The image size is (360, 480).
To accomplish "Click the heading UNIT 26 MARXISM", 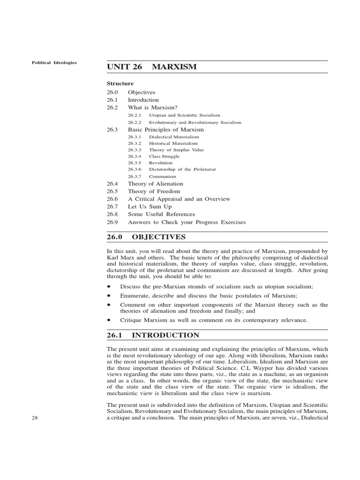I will click(x=151, y=67).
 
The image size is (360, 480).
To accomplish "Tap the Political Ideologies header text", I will click(x=54, y=62).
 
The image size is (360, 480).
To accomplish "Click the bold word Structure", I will click(x=120, y=83).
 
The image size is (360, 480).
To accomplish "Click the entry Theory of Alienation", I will click(x=155, y=184).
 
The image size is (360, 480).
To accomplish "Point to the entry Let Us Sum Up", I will click(x=150, y=206).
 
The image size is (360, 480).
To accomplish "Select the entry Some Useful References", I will click(x=161, y=214).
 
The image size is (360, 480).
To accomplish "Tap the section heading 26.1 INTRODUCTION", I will click(x=153, y=335).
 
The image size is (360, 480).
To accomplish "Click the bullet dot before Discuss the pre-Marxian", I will click(x=109, y=286).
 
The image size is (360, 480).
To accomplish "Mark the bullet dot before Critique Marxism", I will click(x=109, y=320).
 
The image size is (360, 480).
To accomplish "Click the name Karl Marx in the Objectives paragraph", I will click(x=120, y=258).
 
